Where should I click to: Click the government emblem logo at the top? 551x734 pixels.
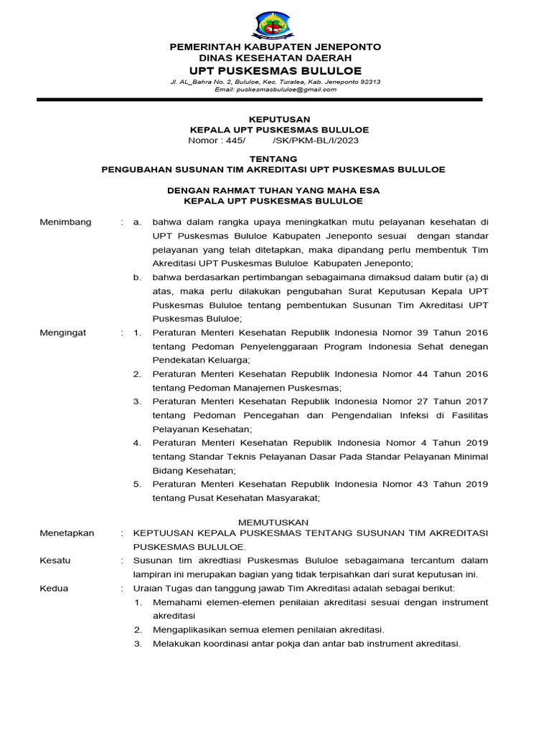(275, 24)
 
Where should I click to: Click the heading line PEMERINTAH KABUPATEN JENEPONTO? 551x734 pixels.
(275, 47)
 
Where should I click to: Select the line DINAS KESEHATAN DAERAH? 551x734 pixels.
(275, 58)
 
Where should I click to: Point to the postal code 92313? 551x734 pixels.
(367, 82)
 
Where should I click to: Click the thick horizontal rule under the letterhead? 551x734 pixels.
(275, 100)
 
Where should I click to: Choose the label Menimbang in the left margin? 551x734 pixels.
(65, 222)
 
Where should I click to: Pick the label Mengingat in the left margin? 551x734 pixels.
(65, 333)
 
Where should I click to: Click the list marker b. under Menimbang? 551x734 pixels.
(138, 277)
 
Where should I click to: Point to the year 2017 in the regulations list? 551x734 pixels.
(476, 401)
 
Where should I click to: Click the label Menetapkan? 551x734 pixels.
(67, 533)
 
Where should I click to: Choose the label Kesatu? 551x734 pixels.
(55, 561)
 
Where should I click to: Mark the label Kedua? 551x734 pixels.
(54, 588)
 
